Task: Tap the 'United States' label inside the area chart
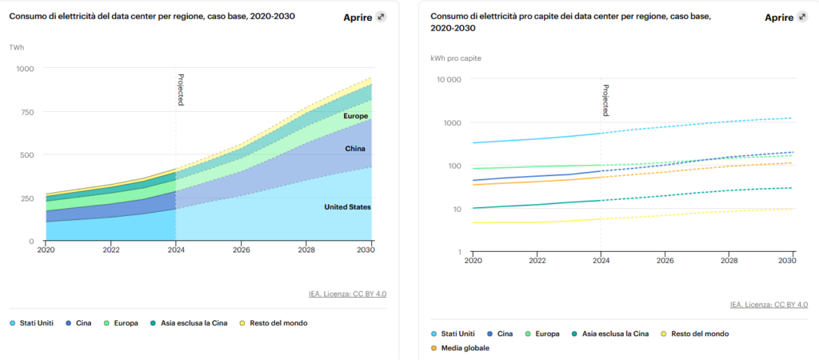347,207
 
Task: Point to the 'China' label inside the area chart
355,149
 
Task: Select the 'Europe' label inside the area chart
355,117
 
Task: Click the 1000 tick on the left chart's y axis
26,69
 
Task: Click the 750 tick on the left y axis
28,112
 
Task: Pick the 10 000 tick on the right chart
448,79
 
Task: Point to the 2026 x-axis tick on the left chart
241,250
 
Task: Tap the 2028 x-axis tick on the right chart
728,261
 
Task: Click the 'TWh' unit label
16,48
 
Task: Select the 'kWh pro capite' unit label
456,58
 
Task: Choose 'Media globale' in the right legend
461,348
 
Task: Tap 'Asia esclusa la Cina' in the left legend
188,323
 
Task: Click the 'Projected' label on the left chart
181,90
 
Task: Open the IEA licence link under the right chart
769,305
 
